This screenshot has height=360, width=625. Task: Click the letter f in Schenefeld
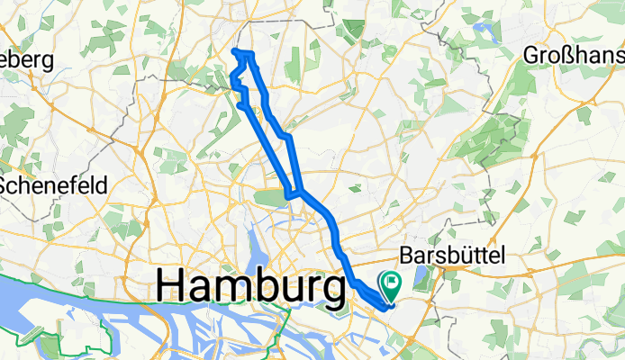coord(78,184)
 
